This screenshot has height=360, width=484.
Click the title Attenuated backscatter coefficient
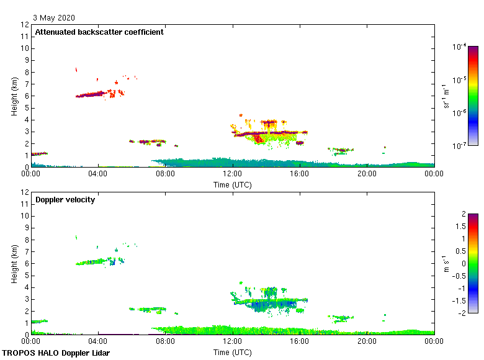coord(99,32)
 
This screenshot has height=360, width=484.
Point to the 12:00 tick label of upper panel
coord(232,174)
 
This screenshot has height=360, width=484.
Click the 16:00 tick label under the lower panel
coord(299,341)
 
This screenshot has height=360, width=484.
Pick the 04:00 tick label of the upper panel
coord(98,174)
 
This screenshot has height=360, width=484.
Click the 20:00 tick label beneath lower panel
coord(366,341)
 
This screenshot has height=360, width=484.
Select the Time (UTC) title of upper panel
coord(232,184)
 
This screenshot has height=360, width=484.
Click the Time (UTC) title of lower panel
coord(232,352)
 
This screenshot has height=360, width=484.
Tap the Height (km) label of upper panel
coord(14,96)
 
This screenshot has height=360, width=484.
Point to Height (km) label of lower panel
coord(14,264)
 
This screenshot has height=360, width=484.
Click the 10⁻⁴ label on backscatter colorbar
coord(459,47)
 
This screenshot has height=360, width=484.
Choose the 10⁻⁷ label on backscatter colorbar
coord(459,145)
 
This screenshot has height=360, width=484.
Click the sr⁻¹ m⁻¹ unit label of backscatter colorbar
coord(447,96)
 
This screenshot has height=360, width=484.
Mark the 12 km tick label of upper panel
coord(25,25)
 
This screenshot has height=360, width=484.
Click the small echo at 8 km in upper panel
coord(76,70)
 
